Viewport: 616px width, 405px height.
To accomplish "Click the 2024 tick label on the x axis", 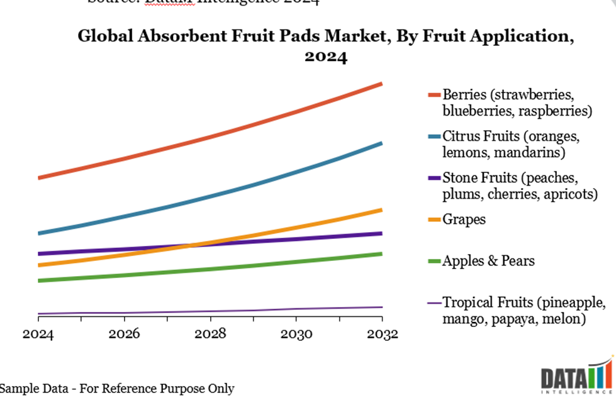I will coord(38,334).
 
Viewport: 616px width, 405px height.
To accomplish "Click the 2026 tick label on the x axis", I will coord(125,334).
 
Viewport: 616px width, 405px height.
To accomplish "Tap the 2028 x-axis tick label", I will coord(210,334).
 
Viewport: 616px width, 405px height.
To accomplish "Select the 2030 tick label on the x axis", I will coord(296,334).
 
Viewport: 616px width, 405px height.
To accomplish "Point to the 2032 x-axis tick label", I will coord(382,334).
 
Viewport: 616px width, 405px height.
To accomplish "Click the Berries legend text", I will coord(517,103).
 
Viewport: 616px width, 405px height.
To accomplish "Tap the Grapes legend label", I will coord(464,219).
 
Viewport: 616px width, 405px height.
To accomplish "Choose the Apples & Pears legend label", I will coord(489,260).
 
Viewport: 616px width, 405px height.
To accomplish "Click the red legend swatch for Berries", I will coord(435,96).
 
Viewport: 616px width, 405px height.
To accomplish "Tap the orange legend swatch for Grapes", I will coord(435,219).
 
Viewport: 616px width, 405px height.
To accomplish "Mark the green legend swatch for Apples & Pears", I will coord(435,260).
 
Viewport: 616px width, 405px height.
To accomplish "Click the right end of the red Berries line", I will coord(381,84).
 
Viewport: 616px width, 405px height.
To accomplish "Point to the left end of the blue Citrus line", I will coord(39,233).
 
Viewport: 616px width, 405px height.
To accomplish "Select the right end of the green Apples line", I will coord(381,253).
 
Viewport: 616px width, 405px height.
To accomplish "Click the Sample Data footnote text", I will coord(117,389).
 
